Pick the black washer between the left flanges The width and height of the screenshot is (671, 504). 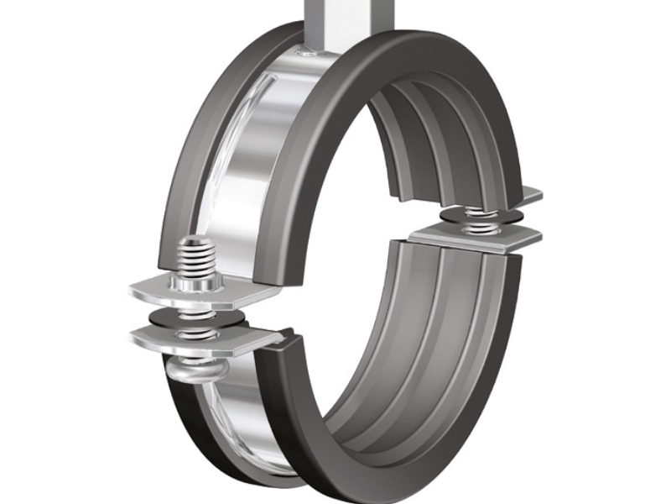pyautogui.click(x=195, y=318)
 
